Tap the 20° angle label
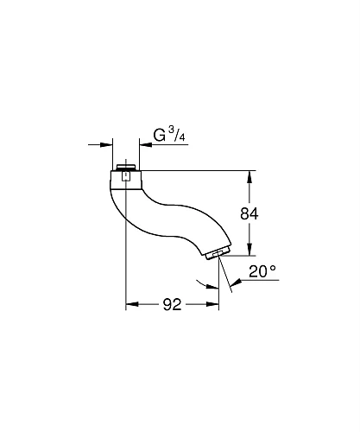pos(262,270)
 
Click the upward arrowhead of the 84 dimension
pos(250,176)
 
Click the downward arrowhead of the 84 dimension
pos(250,250)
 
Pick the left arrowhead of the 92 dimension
pos(132,303)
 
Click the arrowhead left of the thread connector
pos(109,145)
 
